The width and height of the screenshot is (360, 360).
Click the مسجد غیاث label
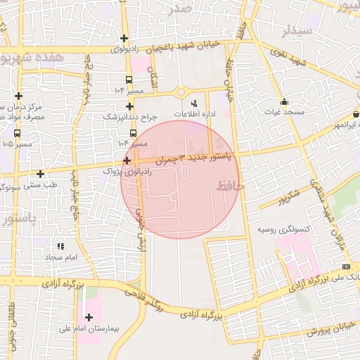(284, 112)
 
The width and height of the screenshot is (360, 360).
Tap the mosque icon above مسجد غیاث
(284, 101)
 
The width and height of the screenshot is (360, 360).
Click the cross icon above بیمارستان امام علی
(89, 317)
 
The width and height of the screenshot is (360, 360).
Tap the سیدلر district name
(295, 32)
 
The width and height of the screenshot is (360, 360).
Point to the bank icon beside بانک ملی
(346, 267)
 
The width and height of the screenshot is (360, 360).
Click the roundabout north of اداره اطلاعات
(181, 91)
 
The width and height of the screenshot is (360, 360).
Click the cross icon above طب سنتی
(40, 173)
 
